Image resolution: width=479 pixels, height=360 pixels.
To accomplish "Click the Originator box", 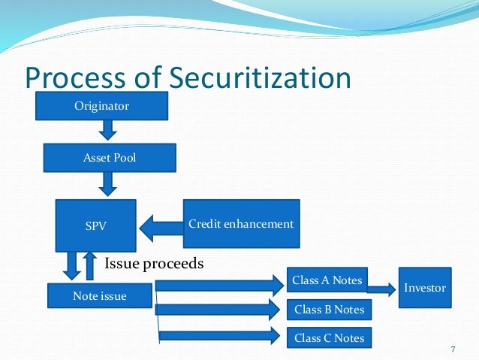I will point(101,106).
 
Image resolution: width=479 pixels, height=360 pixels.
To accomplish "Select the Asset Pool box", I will point(110,158).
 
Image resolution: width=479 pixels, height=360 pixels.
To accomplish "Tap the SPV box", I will point(95,225).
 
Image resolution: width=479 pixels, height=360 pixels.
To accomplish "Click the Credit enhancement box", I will point(241,224).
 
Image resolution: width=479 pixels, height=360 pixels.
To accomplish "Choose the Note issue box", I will point(100,296).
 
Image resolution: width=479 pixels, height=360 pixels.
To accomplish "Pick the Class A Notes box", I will point(327,281).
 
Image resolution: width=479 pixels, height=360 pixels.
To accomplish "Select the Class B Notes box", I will point(328,310).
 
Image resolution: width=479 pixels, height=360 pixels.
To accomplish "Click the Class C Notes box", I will point(328,338).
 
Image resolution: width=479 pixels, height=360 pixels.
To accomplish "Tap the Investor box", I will point(424,287).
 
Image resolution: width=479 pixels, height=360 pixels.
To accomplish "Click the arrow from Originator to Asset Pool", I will point(108,131).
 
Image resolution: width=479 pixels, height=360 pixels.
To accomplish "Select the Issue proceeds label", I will point(154,264).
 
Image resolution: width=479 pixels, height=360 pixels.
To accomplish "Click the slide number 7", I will point(453,349).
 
